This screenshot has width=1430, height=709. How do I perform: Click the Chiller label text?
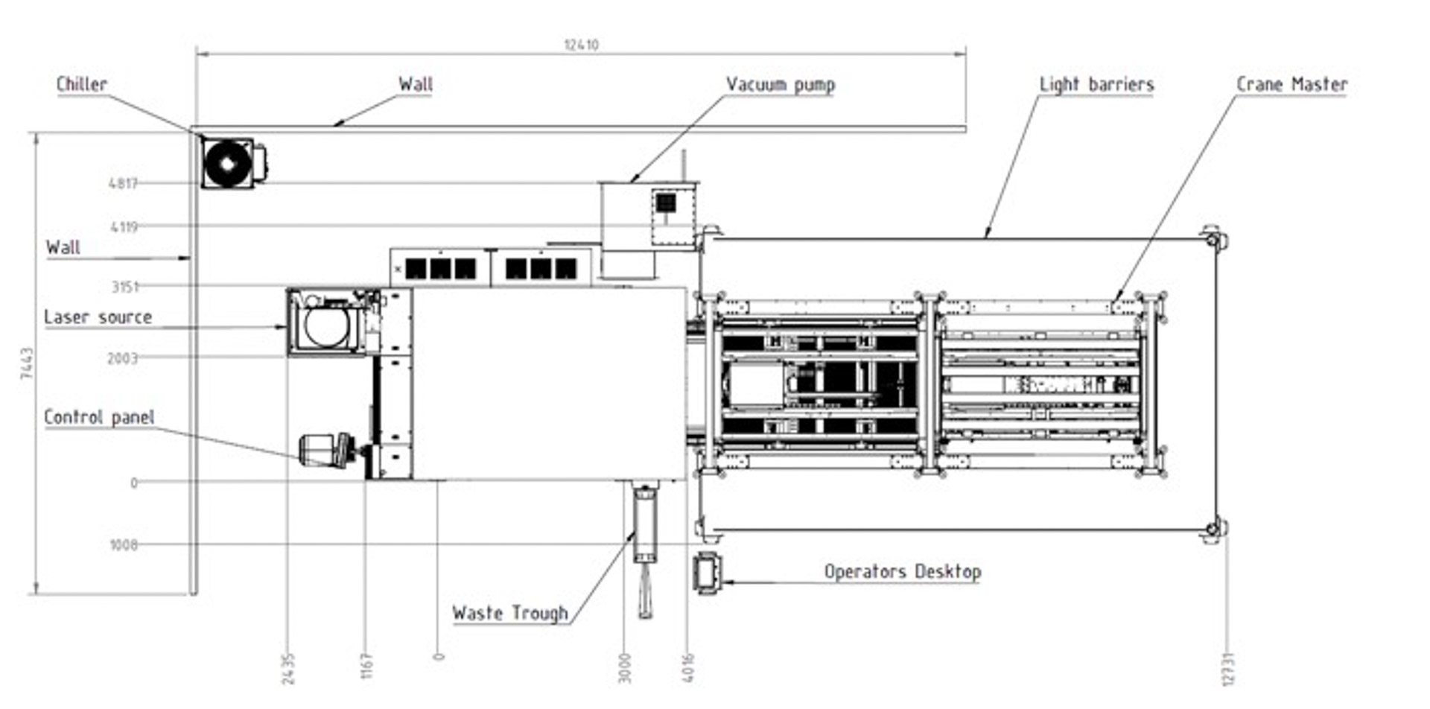click(x=82, y=84)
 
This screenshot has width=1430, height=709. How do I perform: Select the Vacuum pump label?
click(x=780, y=84)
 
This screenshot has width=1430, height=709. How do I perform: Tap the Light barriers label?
click(x=1096, y=84)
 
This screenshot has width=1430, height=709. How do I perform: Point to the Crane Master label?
click(x=1291, y=84)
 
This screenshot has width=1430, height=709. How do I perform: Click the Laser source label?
click(x=98, y=317)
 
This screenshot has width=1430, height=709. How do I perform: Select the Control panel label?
click(x=99, y=417)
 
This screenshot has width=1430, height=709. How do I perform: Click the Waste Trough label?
click(x=510, y=613)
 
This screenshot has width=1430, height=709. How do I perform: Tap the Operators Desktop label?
click(x=902, y=571)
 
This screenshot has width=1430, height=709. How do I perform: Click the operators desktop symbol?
click(x=707, y=573)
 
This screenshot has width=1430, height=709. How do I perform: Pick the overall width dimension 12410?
click(x=581, y=45)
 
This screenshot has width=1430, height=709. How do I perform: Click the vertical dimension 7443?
click(x=27, y=363)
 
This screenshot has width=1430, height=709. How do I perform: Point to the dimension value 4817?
click(x=123, y=183)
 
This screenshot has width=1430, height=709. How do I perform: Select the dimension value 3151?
click(x=124, y=287)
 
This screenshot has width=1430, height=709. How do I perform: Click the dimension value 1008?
click(x=124, y=545)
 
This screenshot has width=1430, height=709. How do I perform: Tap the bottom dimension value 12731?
click(x=1228, y=668)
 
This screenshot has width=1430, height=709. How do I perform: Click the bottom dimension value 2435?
click(x=289, y=668)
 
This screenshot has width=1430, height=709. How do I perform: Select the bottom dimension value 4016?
click(x=688, y=668)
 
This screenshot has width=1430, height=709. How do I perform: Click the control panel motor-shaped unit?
click(x=325, y=451)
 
